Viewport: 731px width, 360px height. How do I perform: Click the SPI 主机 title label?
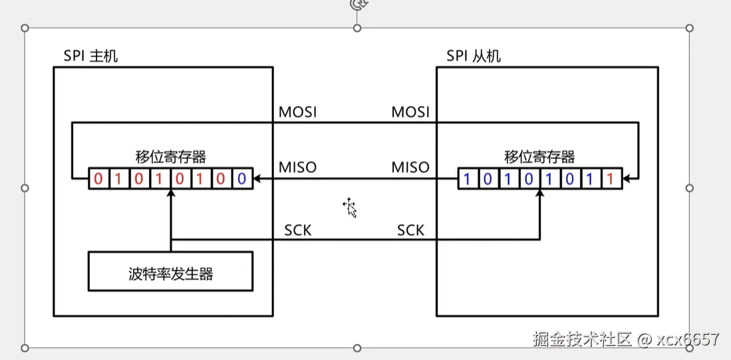tap(90, 56)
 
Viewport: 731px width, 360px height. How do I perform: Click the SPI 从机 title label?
tap(474, 56)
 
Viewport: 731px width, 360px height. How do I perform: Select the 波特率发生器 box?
tap(170, 271)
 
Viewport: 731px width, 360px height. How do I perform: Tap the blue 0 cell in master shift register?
tap(241, 179)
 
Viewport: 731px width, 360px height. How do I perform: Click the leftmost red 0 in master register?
tap(98, 179)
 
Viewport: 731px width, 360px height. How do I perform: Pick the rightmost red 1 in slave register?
tap(610, 179)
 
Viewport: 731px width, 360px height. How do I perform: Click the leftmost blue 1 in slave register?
tap(468, 179)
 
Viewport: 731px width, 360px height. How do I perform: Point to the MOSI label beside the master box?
tap(297, 112)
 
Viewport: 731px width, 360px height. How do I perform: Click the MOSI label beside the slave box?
tap(410, 112)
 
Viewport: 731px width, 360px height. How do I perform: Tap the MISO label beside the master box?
tap(297, 167)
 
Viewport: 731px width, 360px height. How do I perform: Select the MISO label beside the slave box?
tap(410, 167)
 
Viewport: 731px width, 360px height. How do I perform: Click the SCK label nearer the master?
tap(298, 230)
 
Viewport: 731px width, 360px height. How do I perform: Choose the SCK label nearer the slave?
tap(411, 230)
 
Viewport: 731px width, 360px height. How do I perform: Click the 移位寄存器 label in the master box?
tap(170, 157)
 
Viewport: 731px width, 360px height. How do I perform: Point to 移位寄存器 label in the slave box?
tap(539, 157)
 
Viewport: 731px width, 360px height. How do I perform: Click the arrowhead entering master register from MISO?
tap(257, 179)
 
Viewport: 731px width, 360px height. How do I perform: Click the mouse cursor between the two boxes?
tap(351, 208)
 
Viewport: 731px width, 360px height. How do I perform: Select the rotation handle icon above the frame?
tap(357, 4)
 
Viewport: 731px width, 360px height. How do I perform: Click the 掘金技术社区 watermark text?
tap(582, 339)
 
